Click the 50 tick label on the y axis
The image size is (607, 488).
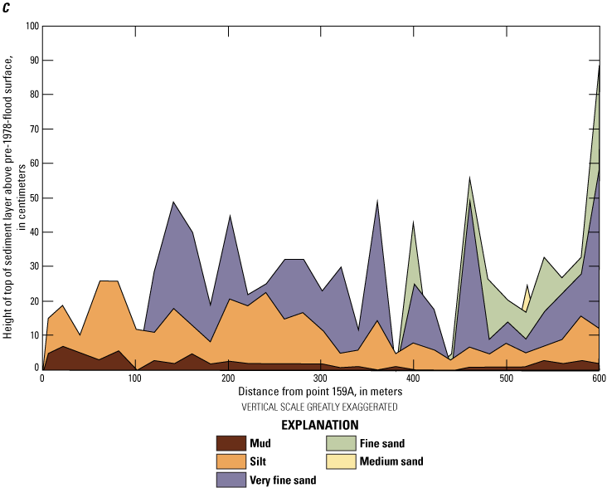(34, 198)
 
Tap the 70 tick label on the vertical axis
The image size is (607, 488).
(34, 129)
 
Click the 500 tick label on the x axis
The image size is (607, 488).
(414, 379)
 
